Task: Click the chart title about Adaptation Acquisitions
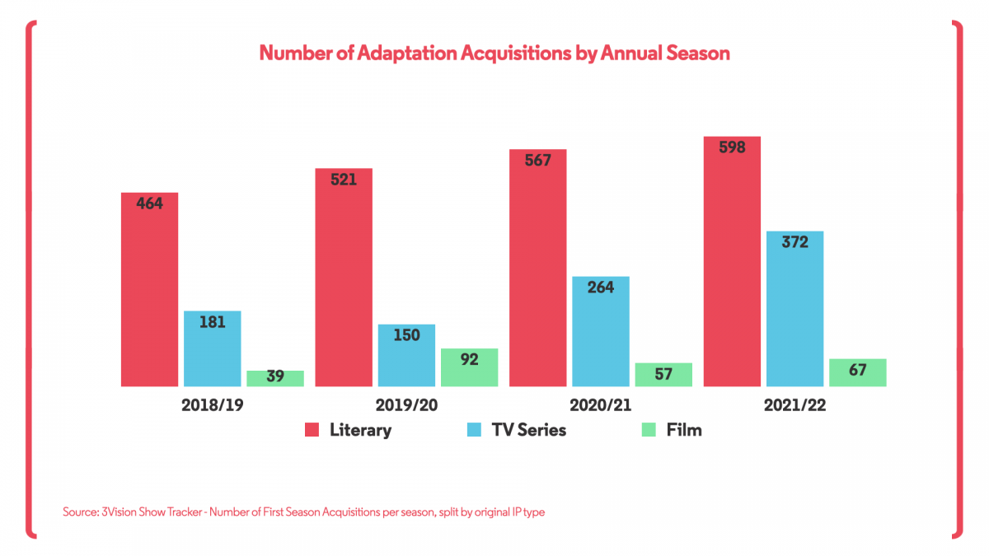tap(494, 53)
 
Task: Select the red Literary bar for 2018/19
tap(150, 289)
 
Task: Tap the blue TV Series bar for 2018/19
tap(213, 348)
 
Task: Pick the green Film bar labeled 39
tap(275, 378)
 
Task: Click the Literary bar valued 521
tap(344, 277)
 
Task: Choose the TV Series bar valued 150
tap(406, 355)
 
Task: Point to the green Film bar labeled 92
tap(469, 367)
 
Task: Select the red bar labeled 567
tap(538, 268)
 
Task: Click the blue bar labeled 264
tap(601, 331)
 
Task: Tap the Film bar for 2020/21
tap(663, 375)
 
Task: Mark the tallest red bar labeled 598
tap(732, 261)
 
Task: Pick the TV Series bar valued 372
tap(794, 308)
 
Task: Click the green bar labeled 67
tap(857, 372)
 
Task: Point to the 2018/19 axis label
tap(213, 406)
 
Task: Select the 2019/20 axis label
tap(406, 406)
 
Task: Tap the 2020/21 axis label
tap(601, 406)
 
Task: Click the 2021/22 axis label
tap(794, 406)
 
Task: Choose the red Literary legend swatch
tap(312, 430)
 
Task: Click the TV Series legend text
tap(528, 430)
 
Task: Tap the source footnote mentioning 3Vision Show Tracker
tap(303, 512)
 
